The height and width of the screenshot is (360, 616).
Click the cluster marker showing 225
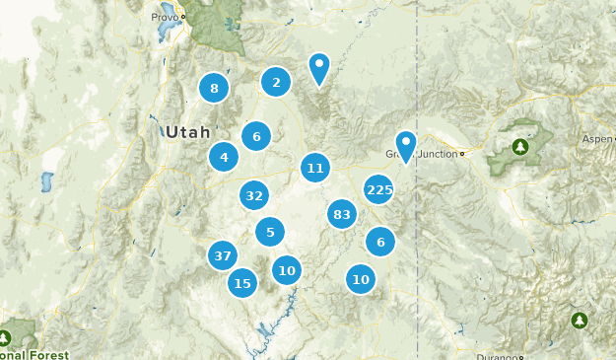pyautogui.click(x=378, y=189)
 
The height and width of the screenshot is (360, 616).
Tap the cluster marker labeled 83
pyautogui.click(x=342, y=214)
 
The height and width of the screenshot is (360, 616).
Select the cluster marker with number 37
pyautogui.click(x=223, y=256)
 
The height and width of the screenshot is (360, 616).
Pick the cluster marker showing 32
pyautogui.click(x=254, y=195)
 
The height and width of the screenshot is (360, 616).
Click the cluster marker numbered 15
pyautogui.click(x=242, y=283)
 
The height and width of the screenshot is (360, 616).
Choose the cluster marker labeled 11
pyautogui.click(x=314, y=168)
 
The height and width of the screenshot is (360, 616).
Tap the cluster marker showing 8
pyautogui.click(x=214, y=89)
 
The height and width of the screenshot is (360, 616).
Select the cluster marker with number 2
pyautogui.click(x=276, y=83)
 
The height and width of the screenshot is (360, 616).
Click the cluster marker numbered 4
pyautogui.click(x=224, y=157)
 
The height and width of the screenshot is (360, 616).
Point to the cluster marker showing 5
pyautogui.click(x=270, y=233)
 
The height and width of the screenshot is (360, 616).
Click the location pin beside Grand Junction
pyautogui.click(x=405, y=144)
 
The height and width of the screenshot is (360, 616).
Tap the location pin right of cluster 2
pyautogui.click(x=318, y=67)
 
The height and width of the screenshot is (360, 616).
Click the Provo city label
pyautogui.click(x=165, y=18)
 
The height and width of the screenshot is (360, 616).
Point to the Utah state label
pyautogui.click(x=187, y=131)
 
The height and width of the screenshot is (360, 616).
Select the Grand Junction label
pyautogui.click(x=426, y=154)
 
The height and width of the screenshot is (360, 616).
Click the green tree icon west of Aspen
pyautogui.click(x=519, y=147)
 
